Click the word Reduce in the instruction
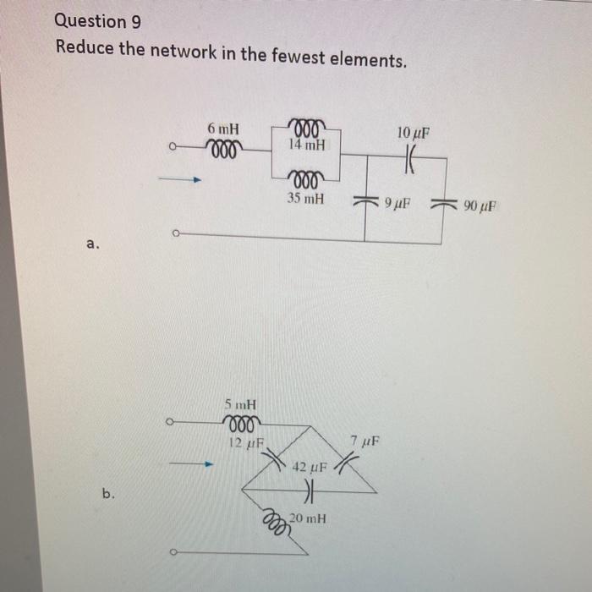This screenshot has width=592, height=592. click(84, 47)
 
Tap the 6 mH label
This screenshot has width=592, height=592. click(223, 129)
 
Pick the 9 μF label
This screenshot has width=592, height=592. click(397, 204)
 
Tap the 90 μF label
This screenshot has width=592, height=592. click(481, 205)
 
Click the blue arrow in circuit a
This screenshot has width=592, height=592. click(183, 179)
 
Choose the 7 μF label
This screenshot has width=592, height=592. click(365, 441)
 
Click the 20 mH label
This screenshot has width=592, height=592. click(308, 518)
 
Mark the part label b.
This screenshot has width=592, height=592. click(108, 495)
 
